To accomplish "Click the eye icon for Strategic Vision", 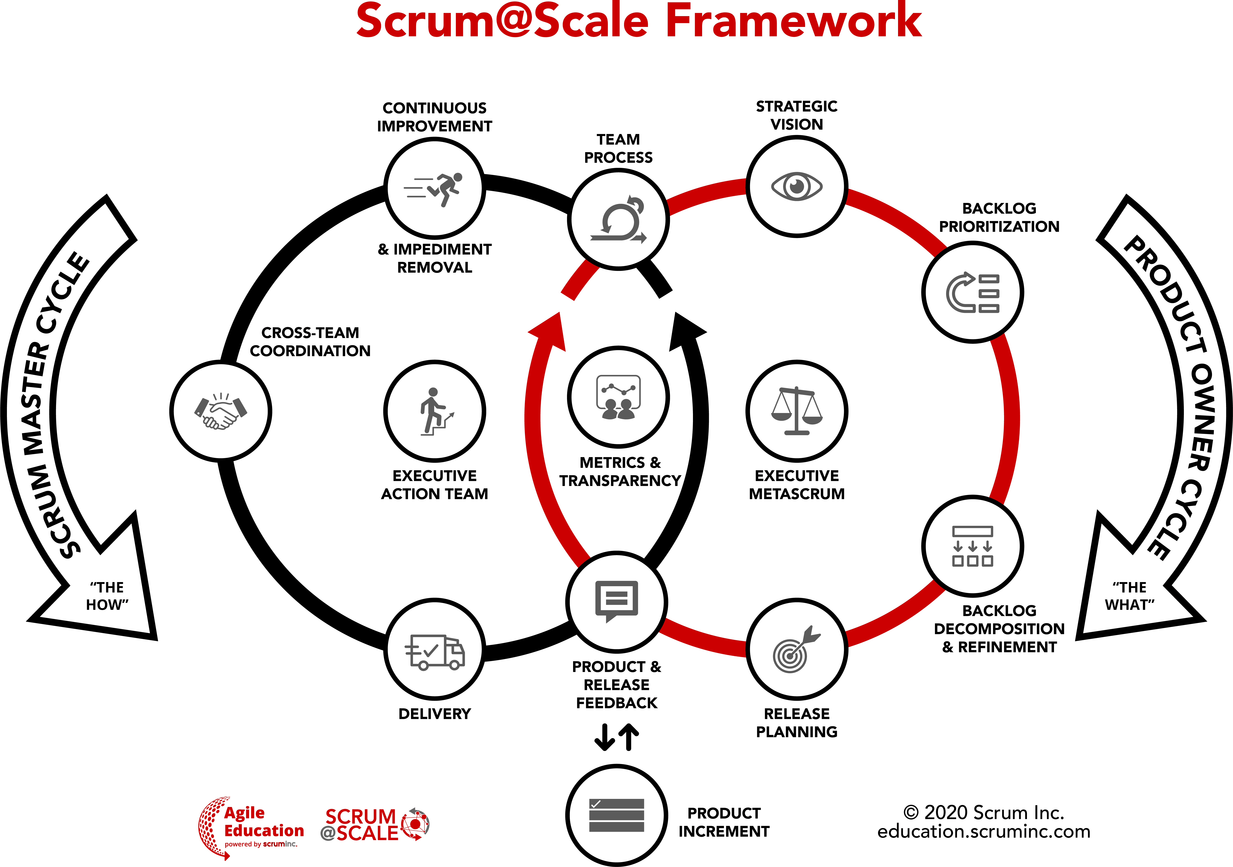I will [x=796, y=186].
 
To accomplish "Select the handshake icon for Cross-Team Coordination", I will [x=221, y=412].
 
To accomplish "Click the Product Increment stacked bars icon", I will [x=616, y=815].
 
